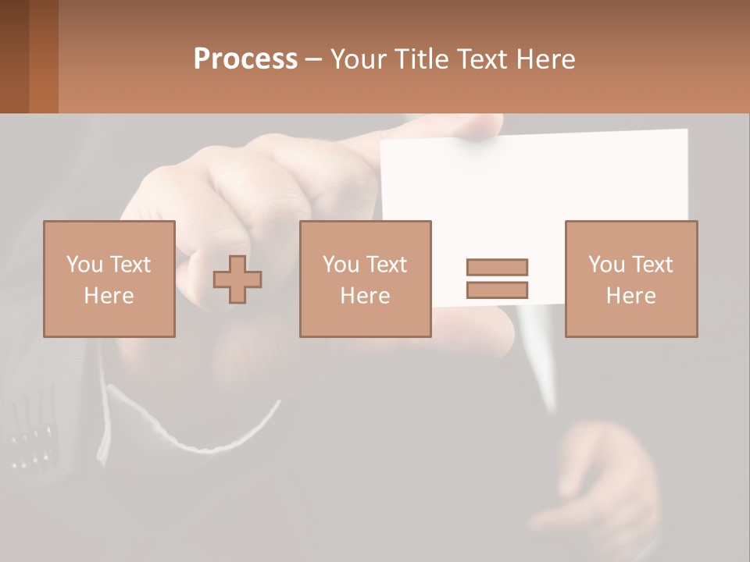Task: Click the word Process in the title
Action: click(x=245, y=59)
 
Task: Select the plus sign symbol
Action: click(x=237, y=279)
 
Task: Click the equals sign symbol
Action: click(x=497, y=279)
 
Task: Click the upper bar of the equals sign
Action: click(x=497, y=267)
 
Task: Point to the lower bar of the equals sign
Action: click(x=497, y=290)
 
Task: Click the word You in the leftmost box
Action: click(x=84, y=265)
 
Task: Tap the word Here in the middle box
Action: click(x=365, y=296)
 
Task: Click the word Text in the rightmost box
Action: click(x=652, y=265)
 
